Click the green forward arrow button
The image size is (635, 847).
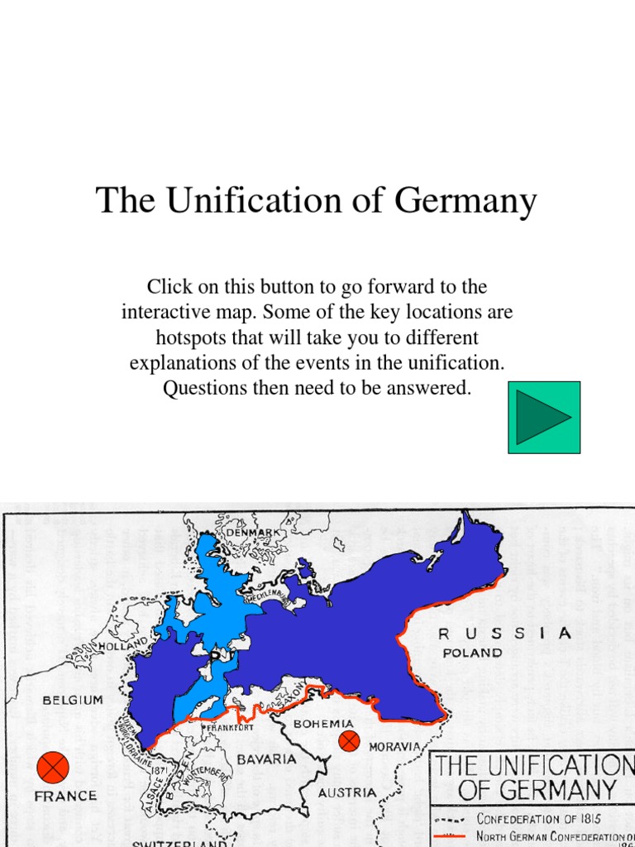pyautogui.click(x=543, y=417)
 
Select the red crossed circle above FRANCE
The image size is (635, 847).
pyautogui.click(x=54, y=767)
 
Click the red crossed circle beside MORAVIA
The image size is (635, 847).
pyautogui.click(x=350, y=741)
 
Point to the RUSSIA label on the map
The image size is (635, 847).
pyautogui.click(x=504, y=634)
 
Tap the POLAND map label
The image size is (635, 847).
pyautogui.click(x=472, y=653)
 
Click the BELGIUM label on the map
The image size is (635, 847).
pyautogui.click(x=73, y=700)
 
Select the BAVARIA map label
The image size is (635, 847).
pyautogui.click(x=267, y=758)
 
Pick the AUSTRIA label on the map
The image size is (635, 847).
pyautogui.click(x=347, y=792)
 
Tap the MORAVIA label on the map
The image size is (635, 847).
pyautogui.click(x=395, y=746)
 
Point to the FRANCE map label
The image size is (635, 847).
pyautogui.click(x=65, y=796)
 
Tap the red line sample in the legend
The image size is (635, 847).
pyautogui.click(x=451, y=837)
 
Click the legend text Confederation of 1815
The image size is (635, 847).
pyautogui.click(x=538, y=818)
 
